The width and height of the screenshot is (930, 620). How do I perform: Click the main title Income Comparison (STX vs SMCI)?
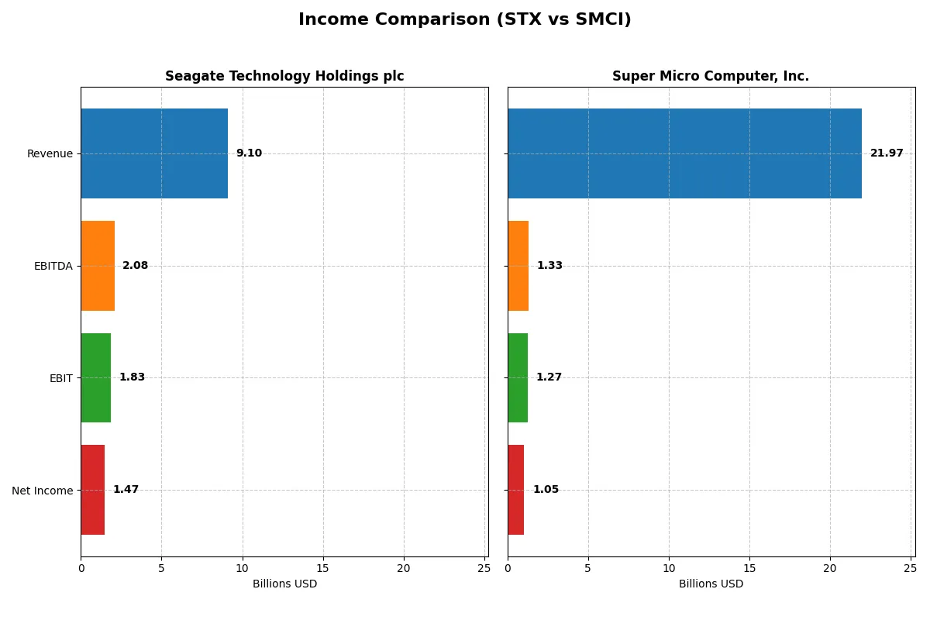pos(464,20)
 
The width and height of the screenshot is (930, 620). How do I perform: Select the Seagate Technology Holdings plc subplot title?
pos(284,76)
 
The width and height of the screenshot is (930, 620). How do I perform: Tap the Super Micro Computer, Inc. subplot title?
pos(711,76)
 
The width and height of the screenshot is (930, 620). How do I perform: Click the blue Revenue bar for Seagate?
pos(154,153)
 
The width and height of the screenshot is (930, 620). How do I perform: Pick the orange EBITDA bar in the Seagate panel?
pos(98,266)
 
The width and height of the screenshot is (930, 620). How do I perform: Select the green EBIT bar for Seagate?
pos(95,377)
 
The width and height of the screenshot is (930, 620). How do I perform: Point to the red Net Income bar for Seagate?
pos(93,490)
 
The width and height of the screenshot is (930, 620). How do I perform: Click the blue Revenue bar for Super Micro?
pos(684,153)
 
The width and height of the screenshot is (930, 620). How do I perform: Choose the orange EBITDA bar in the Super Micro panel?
pos(518,266)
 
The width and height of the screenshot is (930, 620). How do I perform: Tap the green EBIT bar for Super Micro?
pos(518,377)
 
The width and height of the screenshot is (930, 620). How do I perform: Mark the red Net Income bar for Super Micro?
pos(516,490)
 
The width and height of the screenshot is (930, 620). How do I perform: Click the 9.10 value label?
pos(249,153)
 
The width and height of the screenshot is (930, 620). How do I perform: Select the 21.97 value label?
pos(887,153)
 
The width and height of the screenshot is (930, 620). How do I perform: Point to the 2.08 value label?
pos(135,266)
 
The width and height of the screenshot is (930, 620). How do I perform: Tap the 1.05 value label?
pos(546,490)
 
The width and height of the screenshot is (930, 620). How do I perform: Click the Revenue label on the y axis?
pos(50,153)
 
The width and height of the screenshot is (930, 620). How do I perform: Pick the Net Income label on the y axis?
pos(43,490)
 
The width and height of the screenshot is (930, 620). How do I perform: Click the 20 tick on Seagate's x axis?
pos(403,568)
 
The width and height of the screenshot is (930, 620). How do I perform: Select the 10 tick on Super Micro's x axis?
pos(669,568)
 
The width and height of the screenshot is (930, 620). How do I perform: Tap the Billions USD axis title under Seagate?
pos(284,584)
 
